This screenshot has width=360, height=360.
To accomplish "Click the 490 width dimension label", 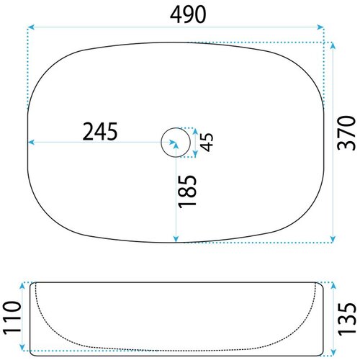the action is [188, 14].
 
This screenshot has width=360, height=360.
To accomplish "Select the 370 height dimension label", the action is [346, 133].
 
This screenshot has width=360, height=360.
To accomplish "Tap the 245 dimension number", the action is [100, 131].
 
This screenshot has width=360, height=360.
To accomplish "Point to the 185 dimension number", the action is [187, 191].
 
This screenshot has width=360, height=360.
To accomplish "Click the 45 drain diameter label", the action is [207, 142].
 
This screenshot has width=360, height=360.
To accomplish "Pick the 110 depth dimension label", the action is [12, 318].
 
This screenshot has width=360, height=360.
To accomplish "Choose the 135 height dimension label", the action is [346, 319].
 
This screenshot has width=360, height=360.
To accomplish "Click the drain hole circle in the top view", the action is [176, 127].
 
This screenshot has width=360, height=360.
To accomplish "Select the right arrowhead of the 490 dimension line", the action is [320, 27].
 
